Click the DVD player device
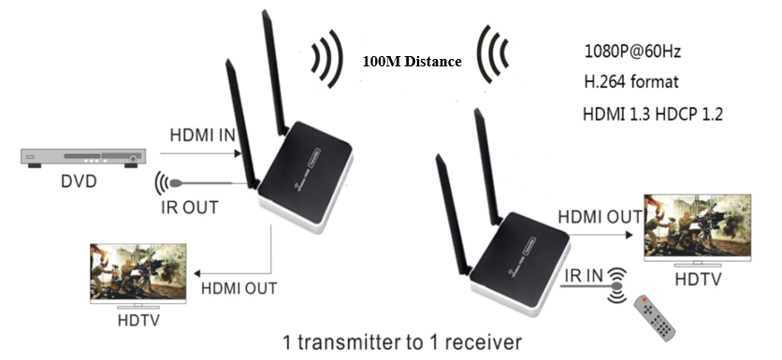83,157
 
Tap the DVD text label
79,181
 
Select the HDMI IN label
202,136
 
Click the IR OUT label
190,207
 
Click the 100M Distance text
412,62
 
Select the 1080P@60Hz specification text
632,51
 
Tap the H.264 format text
631,81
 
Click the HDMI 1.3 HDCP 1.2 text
653,114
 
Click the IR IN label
584,275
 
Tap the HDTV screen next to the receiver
697,226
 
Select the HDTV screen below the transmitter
138,273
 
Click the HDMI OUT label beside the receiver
601,217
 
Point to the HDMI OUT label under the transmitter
239,288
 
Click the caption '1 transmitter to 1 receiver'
402,342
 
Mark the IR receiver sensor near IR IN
616,286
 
